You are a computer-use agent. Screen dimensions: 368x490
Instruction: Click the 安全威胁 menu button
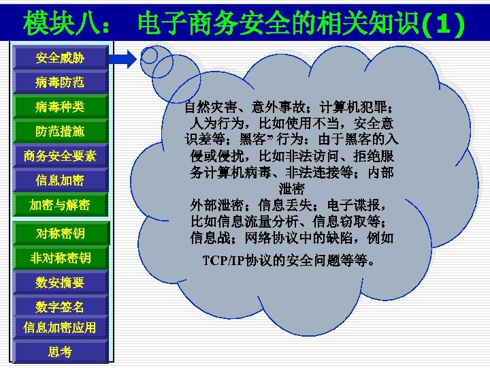pos(60,58)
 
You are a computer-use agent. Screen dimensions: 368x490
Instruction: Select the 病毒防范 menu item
pos(60,82)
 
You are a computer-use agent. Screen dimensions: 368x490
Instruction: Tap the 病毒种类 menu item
pos(60,107)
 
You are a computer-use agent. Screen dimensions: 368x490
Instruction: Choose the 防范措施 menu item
pos(60,131)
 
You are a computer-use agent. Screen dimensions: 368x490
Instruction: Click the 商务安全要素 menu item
pos(60,156)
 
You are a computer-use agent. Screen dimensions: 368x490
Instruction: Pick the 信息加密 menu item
pos(60,181)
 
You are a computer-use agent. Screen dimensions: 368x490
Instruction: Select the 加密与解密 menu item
pos(60,205)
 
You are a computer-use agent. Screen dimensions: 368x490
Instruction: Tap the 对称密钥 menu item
pos(60,234)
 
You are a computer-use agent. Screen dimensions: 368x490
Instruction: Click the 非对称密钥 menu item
pos(60,258)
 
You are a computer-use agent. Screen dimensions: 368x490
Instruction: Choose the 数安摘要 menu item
pos(60,282)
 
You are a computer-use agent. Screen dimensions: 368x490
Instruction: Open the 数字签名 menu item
pos(60,306)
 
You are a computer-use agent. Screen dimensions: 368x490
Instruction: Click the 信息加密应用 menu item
pos(60,327)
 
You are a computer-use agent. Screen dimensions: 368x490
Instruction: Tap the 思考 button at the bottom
pos(60,352)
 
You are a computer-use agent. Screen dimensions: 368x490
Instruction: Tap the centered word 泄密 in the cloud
pos(291,189)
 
